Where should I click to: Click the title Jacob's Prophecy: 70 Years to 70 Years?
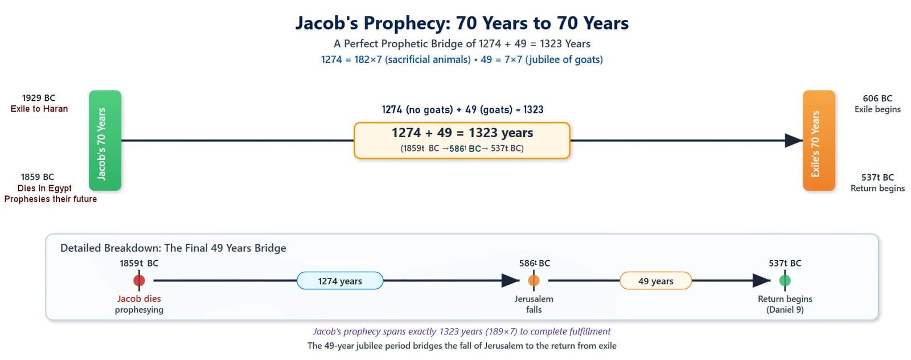[462, 23]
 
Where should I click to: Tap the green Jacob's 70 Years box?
[105, 140]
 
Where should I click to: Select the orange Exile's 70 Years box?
[819, 140]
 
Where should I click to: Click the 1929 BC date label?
[39, 98]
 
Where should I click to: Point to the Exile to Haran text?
[39, 109]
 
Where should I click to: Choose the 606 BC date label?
[877, 99]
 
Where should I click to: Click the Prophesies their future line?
[51, 199]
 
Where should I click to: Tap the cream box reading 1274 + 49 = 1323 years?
[462, 140]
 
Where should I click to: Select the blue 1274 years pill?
[340, 281]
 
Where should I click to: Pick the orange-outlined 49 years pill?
[655, 281]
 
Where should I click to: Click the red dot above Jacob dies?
[139, 281]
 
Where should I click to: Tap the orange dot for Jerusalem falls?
[534, 281]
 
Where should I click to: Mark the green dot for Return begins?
[785, 281]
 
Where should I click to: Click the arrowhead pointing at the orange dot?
[510, 281]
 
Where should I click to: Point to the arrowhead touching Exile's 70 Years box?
[794, 140]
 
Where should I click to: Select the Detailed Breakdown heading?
[173, 248]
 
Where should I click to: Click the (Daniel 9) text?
[785, 310]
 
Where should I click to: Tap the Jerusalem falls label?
[534, 304]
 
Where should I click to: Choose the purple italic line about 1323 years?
[462, 332]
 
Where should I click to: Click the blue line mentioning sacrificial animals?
[462, 60]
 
